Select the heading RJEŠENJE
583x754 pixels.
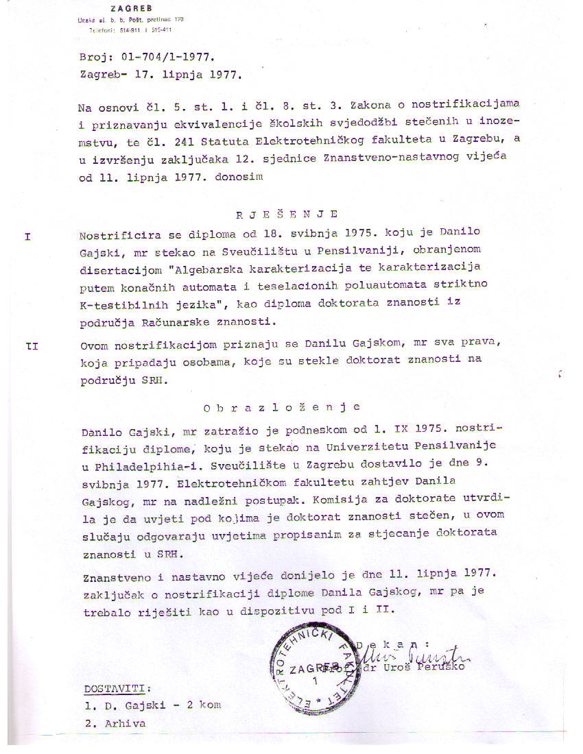point(287,214)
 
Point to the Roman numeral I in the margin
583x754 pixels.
point(28,236)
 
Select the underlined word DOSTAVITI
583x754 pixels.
point(115,689)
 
